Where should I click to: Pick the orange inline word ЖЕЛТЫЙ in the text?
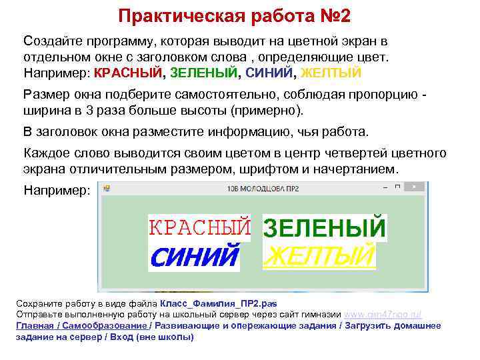pyautogui.click(x=331, y=73)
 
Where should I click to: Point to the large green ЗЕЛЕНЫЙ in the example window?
pyautogui.click(x=325, y=228)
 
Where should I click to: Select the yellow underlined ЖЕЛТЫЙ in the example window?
pyautogui.click(x=319, y=255)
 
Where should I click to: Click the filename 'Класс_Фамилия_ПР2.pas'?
pyautogui.click(x=214, y=303)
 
